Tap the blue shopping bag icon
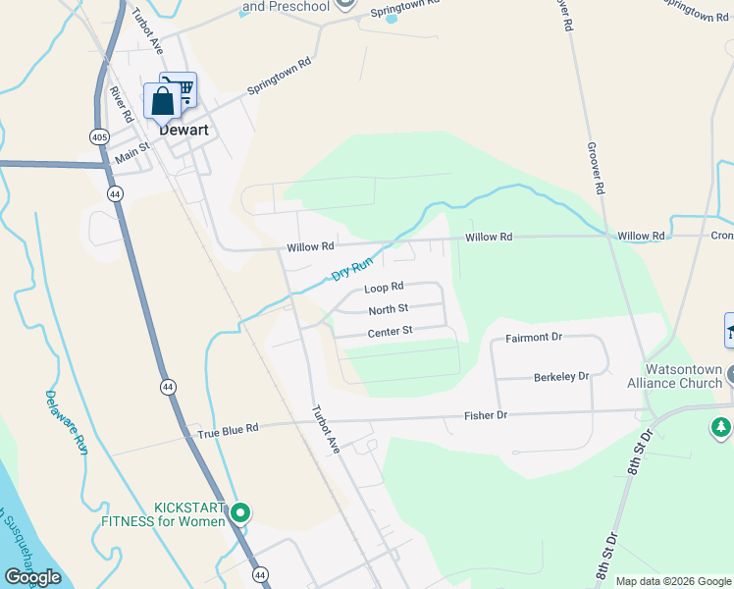(x=161, y=102)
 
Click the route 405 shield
(x=99, y=137)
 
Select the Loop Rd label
(x=384, y=289)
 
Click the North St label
(x=388, y=310)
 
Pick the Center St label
(x=390, y=333)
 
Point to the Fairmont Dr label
(x=533, y=338)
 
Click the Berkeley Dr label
(x=560, y=377)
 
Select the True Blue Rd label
(x=227, y=429)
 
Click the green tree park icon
(x=720, y=427)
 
